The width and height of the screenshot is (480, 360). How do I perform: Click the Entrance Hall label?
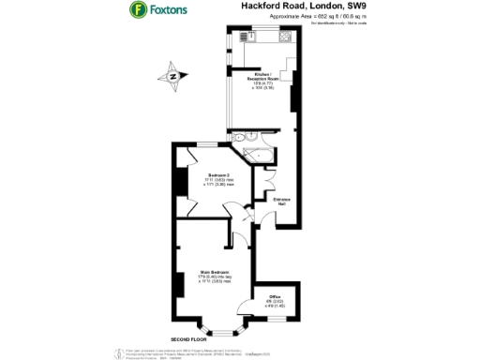coord(280,200)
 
